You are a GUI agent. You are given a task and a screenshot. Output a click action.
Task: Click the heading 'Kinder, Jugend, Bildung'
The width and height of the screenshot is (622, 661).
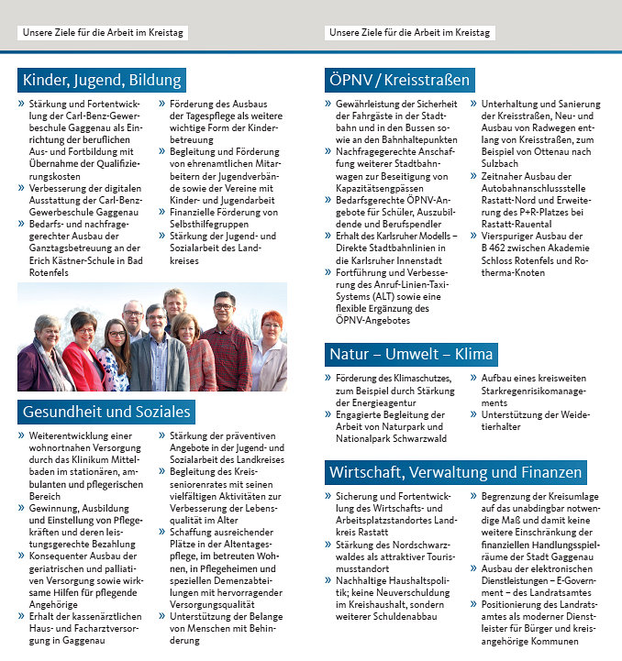[x=103, y=80]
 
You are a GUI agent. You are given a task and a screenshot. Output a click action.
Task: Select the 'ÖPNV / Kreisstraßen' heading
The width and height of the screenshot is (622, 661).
[x=400, y=80]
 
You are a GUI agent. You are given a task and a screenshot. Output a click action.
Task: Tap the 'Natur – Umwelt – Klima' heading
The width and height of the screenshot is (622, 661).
[x=411, y=354]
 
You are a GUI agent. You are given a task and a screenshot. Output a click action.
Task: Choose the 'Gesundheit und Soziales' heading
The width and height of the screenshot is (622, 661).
[x=106, y=412]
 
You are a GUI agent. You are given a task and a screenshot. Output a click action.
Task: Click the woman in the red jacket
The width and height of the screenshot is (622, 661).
[x=84, y=353]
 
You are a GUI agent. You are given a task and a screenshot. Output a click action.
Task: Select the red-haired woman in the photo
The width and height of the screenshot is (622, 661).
[x=270, y=353]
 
